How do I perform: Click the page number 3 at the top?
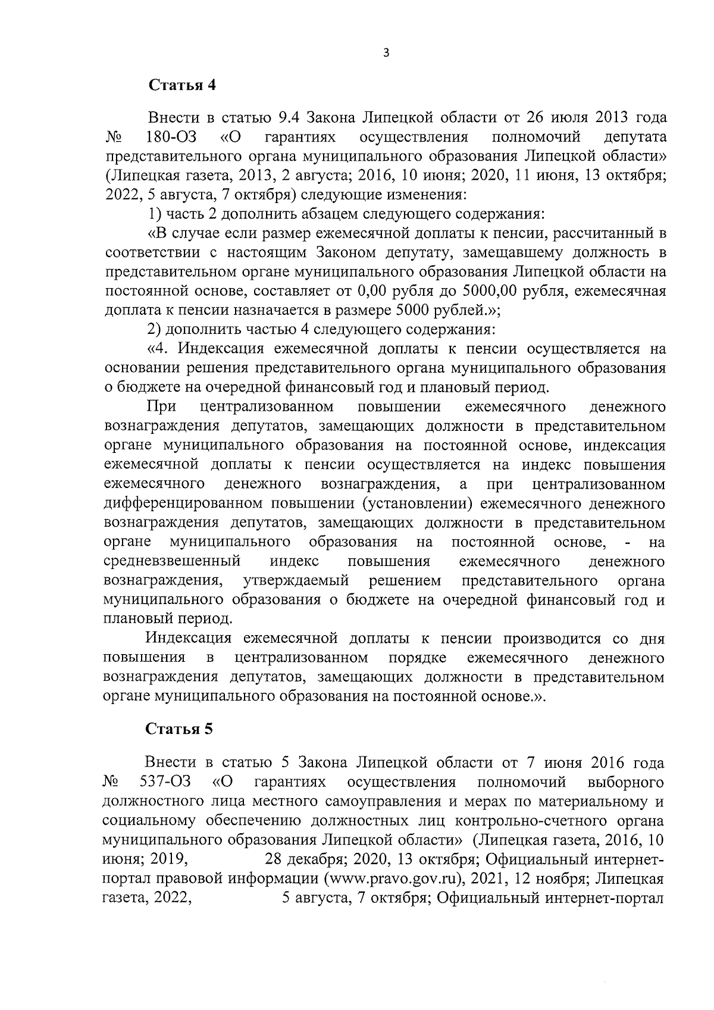click(x=386, y=53)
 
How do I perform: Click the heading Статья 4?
click(x=181, y=85)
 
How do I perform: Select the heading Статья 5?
click(x=180, y=730)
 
